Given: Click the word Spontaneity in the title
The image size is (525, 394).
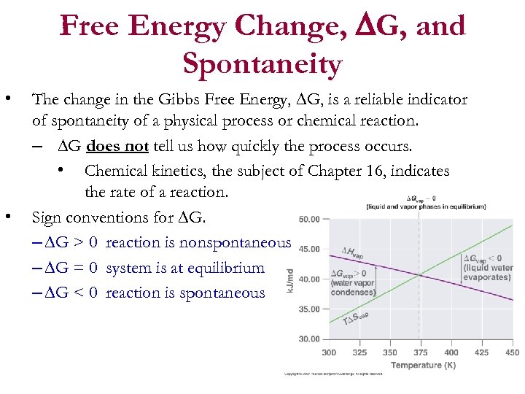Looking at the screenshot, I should pos(262,64).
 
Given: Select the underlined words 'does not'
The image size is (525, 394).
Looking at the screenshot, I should pos(117,146).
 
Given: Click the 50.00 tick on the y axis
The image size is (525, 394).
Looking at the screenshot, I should pos(309,219).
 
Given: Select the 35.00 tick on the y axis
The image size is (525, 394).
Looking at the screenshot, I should pos(309,309).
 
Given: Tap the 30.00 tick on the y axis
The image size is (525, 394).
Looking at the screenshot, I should pos(309,339).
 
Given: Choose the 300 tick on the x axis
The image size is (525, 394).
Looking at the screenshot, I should pos(329,352).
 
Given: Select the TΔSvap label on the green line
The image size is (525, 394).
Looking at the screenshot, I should pos(357,319).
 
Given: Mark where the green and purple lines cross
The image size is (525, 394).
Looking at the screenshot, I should pos(419,274).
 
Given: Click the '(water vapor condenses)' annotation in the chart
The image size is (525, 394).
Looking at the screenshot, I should pos(352,287).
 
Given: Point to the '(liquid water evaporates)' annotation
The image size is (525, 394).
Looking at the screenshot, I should pos(488,272).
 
